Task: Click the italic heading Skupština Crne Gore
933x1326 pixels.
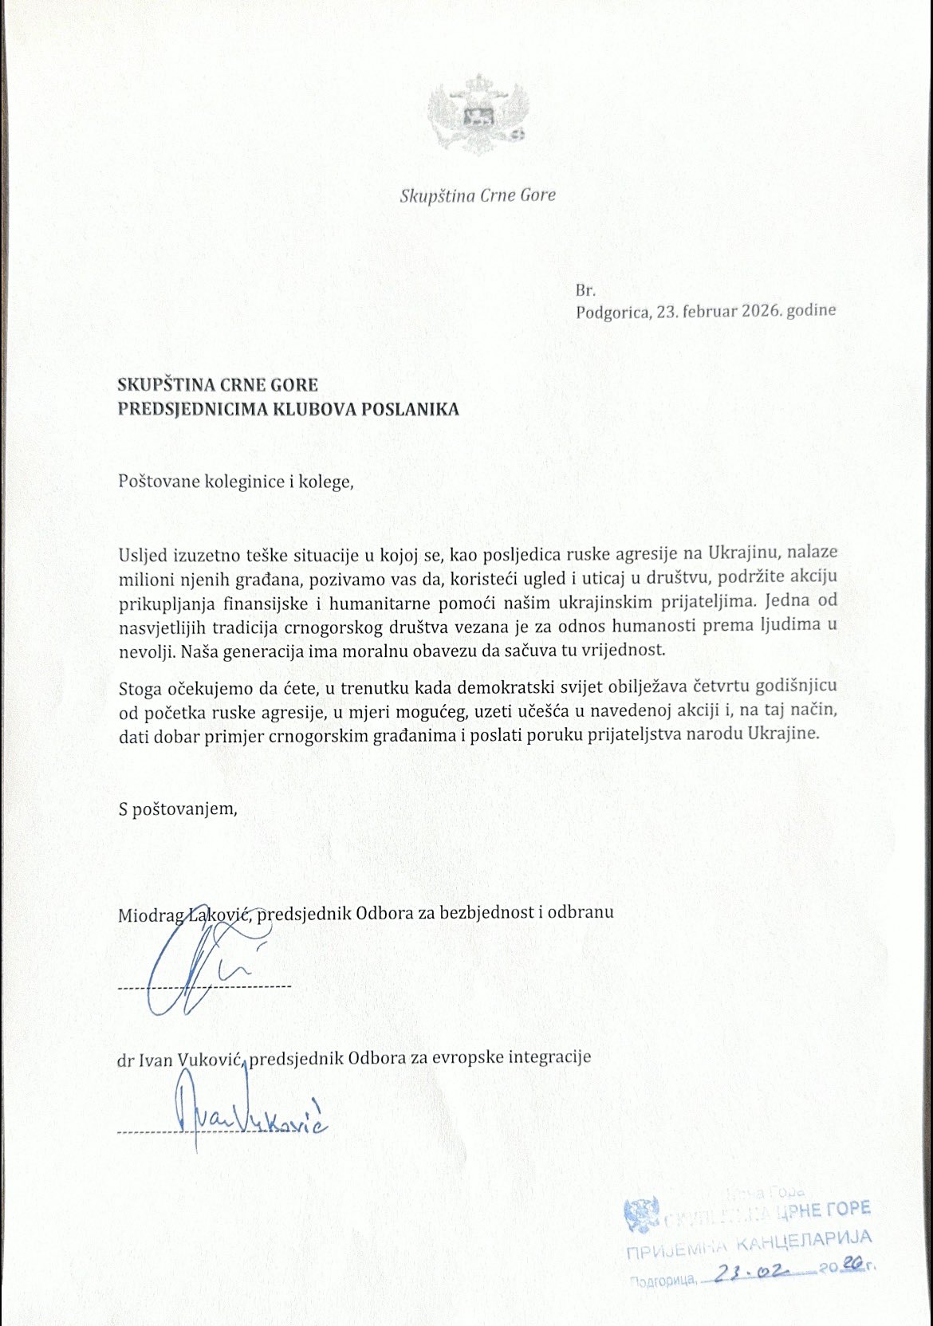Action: (x=478, y=195)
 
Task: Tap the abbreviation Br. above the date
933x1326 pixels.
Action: (x=585, y=291)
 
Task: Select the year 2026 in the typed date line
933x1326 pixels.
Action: (x=760, y=311)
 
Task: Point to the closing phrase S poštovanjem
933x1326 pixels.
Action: (x=178, y=809)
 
